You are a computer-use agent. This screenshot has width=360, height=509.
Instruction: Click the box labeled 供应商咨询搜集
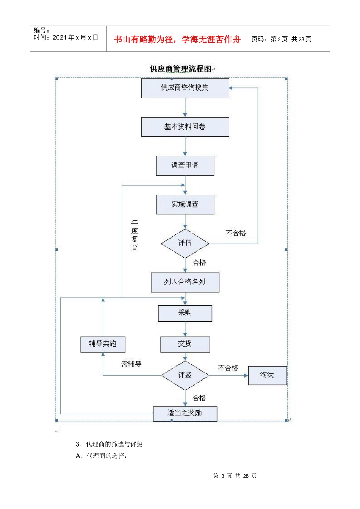(x=185, y=88)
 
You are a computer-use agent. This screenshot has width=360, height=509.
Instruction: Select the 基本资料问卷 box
(x=185, y=127)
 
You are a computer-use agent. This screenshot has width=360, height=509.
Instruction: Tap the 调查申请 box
(x=185, y=166)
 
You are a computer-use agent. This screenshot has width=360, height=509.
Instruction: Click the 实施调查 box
(x=185, y=205)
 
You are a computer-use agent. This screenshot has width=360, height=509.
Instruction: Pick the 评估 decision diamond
(x=185, y=243)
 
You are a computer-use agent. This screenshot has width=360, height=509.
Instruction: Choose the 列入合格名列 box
(x=185, y=282)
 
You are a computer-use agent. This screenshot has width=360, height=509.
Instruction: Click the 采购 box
(x=185, y=313)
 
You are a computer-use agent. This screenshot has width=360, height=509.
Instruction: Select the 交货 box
(x=185, y=344)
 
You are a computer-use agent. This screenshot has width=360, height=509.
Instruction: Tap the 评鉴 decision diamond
(x=185, y=375)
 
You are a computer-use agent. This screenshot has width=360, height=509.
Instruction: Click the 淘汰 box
(x=267, y=375)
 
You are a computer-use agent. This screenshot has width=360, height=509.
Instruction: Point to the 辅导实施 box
(x=103, y=344)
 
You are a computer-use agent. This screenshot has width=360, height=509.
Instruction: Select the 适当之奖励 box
(x=185, y=414)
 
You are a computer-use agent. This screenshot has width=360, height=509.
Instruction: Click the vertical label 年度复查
(x=135, y=235)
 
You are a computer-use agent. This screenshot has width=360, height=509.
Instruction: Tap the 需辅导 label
(x=131, y=364)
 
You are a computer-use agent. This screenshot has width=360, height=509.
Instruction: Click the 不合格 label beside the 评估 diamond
(x=236, y=233)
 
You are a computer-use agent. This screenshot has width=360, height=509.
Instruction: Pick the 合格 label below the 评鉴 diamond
(x=199, y=398)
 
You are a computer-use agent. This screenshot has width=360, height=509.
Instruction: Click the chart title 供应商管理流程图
(x=181, y=69)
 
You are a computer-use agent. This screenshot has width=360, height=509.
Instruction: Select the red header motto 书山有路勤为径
(x=177, y=39)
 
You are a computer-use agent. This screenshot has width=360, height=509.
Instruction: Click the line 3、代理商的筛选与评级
(x=109, y=444)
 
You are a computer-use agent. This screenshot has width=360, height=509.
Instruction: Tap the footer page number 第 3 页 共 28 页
(x=235, y=476)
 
